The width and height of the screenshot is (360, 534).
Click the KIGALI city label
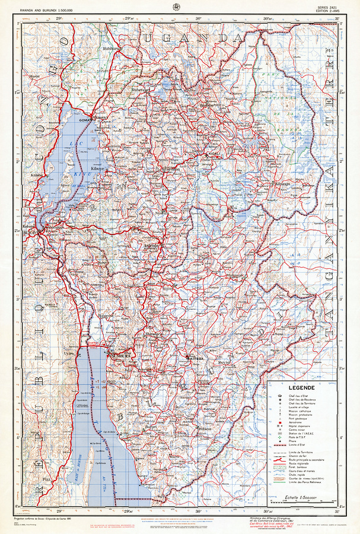point(212,154)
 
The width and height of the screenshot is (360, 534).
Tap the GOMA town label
point(85,119)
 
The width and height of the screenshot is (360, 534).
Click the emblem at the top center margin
point(176,7)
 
